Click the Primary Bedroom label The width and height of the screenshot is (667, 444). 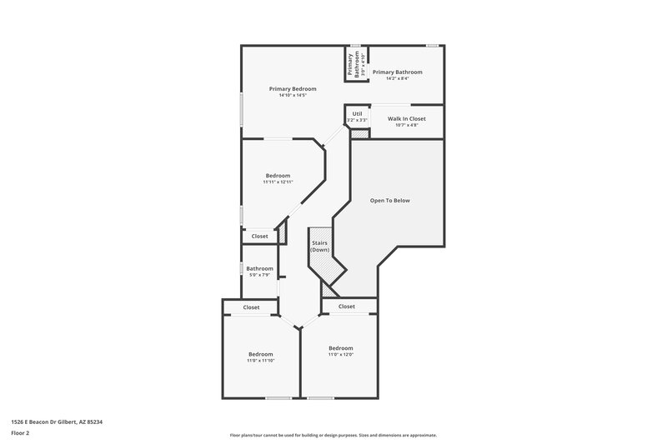293,88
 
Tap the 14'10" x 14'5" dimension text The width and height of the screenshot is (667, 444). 293,95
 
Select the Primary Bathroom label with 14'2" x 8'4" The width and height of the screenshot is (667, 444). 397,72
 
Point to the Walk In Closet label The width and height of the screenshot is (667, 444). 406,118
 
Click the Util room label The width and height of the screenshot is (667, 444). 357,113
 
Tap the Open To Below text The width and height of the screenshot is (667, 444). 389,201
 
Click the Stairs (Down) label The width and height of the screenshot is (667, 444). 319,247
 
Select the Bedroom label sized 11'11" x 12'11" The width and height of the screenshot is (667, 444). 278,175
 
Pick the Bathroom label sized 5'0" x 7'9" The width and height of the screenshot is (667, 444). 259,268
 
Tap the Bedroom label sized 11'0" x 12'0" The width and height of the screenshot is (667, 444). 340,348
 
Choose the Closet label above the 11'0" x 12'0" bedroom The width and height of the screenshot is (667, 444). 347,307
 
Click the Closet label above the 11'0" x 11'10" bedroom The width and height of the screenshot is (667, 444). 251,307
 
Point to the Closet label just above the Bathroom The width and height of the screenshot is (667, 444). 259,237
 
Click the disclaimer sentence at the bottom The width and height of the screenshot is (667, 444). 333,435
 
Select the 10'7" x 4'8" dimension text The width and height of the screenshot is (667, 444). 406,126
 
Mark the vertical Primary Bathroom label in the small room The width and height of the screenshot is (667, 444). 351,65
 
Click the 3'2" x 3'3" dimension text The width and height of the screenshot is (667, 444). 357,121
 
